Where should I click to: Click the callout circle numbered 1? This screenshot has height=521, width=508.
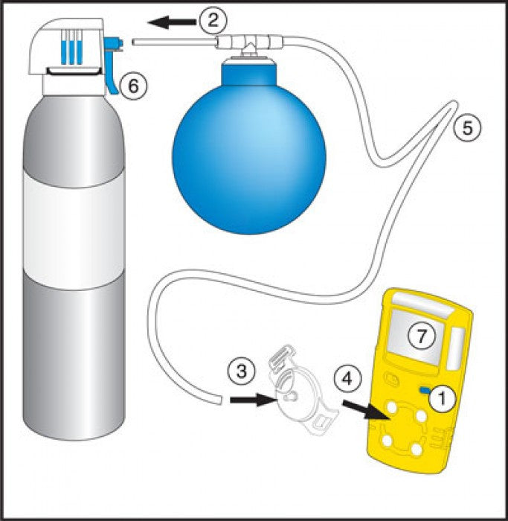[x=443, y=398]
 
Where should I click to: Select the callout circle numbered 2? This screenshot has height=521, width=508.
[x=213, y=21]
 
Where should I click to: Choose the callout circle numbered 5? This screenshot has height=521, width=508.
[x=467, y=127]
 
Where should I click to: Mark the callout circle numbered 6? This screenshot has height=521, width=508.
[x=133, y=86]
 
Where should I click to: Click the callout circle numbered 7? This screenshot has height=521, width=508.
[x=421, y=337]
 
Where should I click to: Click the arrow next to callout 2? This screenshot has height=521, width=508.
[x=173, y=22]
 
